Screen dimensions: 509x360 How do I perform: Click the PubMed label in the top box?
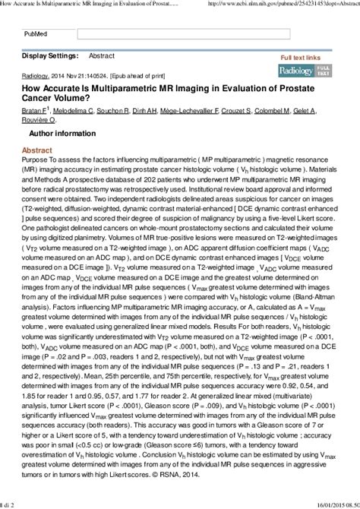35,34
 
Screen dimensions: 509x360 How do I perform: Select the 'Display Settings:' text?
49,56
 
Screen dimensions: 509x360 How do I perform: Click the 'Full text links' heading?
301,58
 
